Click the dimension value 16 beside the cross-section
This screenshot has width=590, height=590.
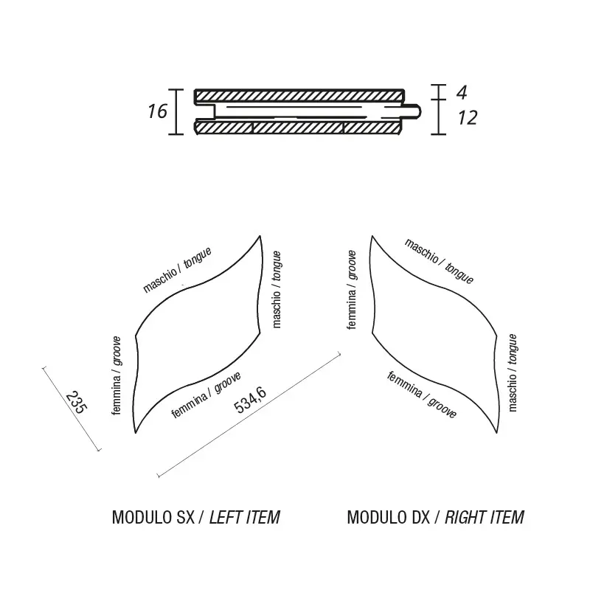pyautogui.click(x=157, y=111)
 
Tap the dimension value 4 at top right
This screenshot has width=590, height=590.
pyautogui.click(x=462, y=92)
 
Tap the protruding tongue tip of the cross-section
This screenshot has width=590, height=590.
pyautogui.click(x=417, y=111)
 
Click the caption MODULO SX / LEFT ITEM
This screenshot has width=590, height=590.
pyautogui.click(x=195, y=517)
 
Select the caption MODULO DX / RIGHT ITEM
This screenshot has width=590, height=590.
pyautogui.click(x=435, y=517)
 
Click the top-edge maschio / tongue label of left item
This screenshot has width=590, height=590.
pyautogui.click(x=177, y=270)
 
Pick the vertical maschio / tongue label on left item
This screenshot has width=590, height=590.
pyautogui.click(x=276, y=288)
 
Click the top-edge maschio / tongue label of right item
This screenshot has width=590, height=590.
pyautogui.click(x=440, y=261)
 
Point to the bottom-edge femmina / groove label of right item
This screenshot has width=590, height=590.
pyautogui.click(x=422, y=395)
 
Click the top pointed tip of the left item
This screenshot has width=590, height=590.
pyautogui.click(x=261, y=236)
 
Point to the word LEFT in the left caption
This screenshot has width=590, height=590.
pyautogui.click(x=226, y=517)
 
